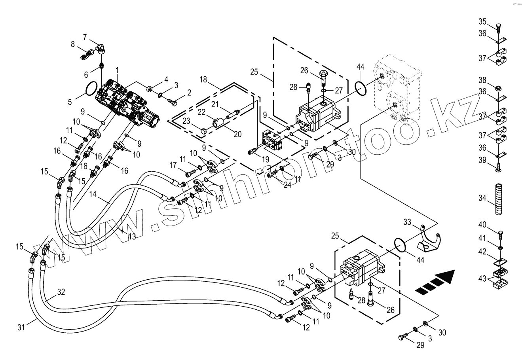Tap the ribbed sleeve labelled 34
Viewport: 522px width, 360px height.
click(x=498, y=199)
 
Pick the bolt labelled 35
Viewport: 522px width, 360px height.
click(x=498, y=28)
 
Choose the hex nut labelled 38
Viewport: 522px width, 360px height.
click(x=498, y=86)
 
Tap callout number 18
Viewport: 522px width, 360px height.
click(x=203, y=80)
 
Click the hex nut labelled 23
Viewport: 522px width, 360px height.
click(x=201, y=130)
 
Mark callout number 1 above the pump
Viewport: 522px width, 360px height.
click(x=118, y=70)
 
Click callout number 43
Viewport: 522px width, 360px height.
click(x=482, y=279)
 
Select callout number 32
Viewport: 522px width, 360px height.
click(x=61, y=292)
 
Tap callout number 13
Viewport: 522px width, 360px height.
click(x=131, y=236)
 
